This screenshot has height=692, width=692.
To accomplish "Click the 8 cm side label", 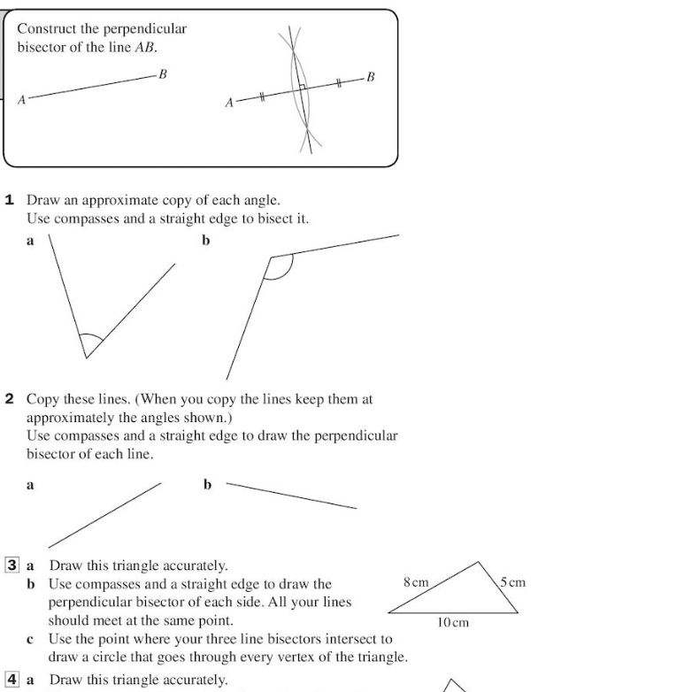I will point(416,583).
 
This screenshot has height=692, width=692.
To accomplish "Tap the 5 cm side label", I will point(512,582).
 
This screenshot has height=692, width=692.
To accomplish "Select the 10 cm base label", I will point(453,623).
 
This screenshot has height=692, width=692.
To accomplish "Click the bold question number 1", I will point(10,200).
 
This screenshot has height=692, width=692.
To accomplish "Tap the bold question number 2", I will point(10,399).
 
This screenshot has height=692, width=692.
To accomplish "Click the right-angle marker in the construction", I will point(302,88).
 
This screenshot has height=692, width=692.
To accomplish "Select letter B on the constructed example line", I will point(370,77).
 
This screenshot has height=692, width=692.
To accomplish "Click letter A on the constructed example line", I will point(229,104).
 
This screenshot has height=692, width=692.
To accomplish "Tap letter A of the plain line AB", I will point(22,100).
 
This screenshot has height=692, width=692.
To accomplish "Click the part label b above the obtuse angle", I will point(206,240).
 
